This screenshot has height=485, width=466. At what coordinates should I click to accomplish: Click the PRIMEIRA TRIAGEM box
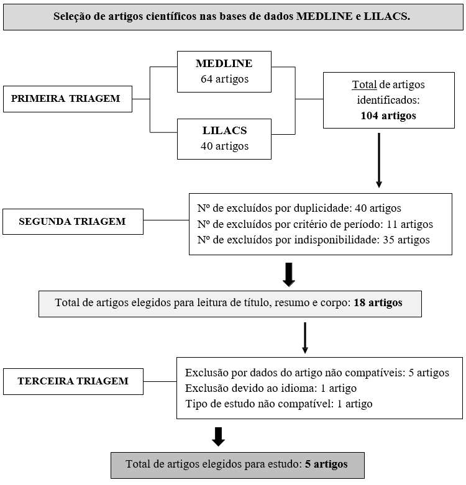point(68,99)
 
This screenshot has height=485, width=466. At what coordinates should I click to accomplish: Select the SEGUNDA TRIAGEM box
point(73,222)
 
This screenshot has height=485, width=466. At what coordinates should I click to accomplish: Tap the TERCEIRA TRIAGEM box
point(73,381)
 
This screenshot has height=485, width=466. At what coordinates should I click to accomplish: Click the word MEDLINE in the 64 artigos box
point(224,63)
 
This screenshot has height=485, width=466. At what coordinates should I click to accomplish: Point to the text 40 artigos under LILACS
point(224,146)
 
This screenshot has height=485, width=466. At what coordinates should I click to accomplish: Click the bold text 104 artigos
point(388,116)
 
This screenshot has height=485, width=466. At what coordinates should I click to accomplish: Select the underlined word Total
point(364,84)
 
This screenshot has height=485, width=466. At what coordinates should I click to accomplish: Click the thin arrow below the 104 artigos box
point(379,160)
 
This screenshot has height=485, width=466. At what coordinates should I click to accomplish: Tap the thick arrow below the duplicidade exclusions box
point(289,274)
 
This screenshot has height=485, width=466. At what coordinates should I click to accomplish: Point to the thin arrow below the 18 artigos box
point(305,338)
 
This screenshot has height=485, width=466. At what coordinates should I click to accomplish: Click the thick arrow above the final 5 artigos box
point(219,437)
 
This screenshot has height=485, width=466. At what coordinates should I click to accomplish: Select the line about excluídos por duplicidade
point(299,208)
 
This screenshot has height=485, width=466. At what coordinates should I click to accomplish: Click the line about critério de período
point(315,224)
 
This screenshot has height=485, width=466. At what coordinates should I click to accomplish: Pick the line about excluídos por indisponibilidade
point(313,240)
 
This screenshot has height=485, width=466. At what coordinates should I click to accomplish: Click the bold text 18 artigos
point(378,302)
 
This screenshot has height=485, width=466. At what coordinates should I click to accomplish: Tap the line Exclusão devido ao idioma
point(271,388)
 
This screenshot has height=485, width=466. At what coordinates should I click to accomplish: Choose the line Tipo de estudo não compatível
point(279,404)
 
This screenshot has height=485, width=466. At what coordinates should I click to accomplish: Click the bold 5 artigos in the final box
point(326,464)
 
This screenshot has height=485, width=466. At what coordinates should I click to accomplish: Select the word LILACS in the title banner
point(387,16)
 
